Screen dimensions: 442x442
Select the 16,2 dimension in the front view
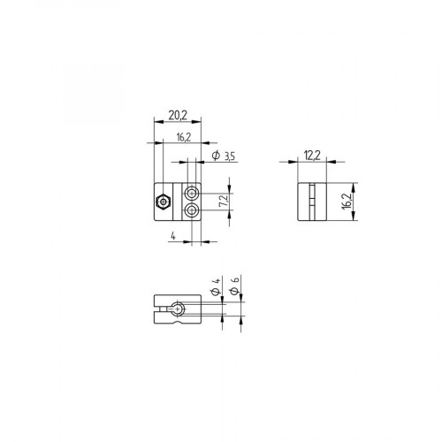pos(184,139)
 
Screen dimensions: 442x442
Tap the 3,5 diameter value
pos(229,156)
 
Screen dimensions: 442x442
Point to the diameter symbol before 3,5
pos(215,156)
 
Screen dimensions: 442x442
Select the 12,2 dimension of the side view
pos(311,156)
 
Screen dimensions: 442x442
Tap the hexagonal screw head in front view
pos(164,202)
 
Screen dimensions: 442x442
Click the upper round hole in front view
pos(192,193)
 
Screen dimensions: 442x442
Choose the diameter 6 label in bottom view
pos(235,287)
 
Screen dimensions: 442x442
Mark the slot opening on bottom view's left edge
pos(156,309)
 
